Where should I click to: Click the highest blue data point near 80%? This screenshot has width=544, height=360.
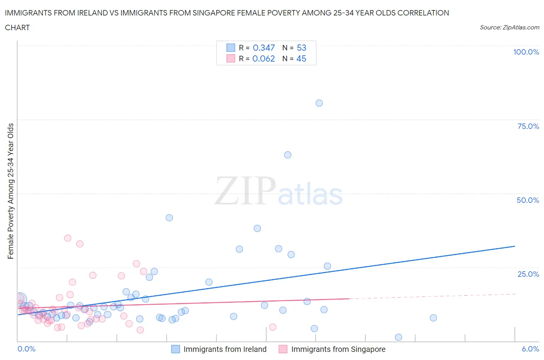319,103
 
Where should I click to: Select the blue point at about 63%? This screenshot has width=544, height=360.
287,155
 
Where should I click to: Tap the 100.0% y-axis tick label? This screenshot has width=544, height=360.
526,52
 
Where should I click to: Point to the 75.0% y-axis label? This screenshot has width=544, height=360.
528,126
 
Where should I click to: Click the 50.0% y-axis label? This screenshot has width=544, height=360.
528,200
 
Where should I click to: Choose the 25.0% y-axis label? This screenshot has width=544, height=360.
528,274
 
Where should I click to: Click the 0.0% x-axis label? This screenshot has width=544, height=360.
26,349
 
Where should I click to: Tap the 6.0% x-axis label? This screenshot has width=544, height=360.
530,349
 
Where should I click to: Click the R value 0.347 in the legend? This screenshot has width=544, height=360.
263,48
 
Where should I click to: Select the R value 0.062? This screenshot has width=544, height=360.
263,58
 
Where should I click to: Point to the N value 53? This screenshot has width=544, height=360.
301,48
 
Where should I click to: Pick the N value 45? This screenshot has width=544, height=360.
301,58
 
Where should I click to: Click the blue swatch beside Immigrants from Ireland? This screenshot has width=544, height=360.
176,349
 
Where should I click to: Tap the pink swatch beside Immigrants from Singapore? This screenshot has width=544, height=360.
283,349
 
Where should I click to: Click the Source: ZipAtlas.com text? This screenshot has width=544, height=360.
509,27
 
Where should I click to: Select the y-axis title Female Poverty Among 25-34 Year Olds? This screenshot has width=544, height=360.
11,191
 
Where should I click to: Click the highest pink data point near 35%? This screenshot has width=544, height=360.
68,238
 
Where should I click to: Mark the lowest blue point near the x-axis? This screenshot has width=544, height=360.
399,337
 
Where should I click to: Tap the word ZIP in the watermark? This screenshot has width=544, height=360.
245,191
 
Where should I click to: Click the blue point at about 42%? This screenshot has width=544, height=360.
169,218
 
